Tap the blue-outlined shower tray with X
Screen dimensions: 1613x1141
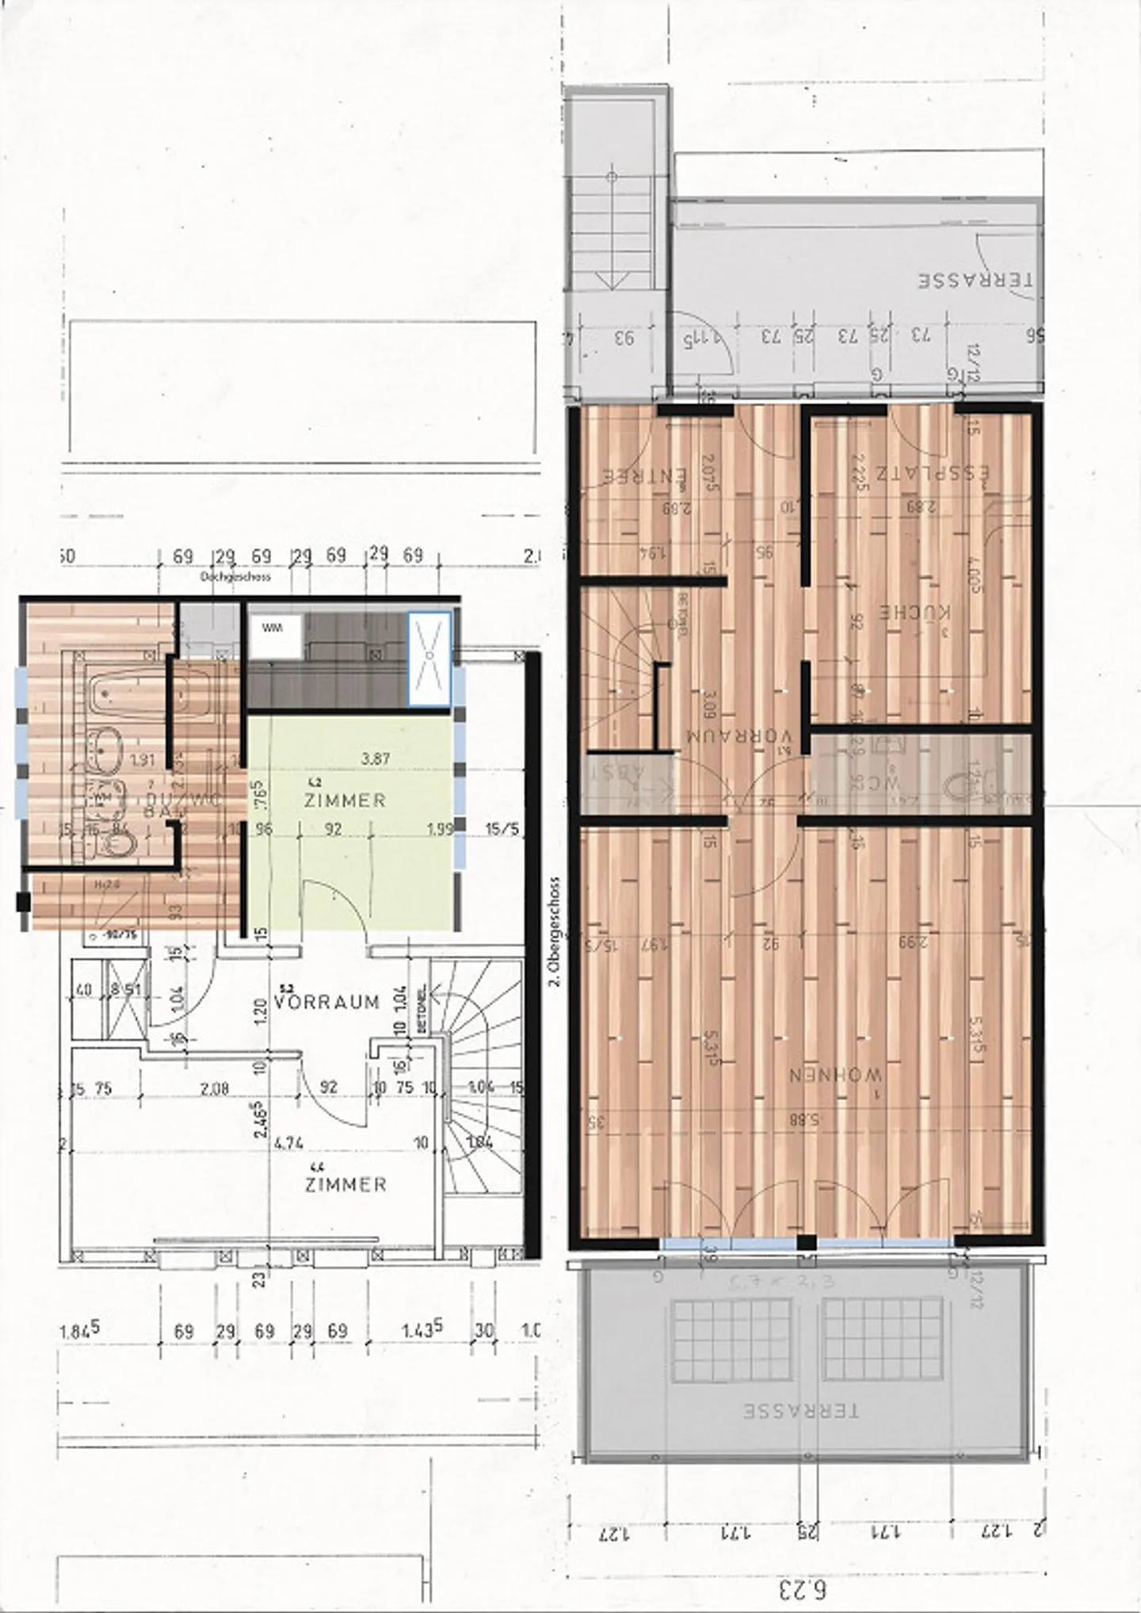coord(429,659)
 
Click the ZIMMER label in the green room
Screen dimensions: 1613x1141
coord(345,800)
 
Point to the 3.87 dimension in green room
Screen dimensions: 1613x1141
coord(375,759)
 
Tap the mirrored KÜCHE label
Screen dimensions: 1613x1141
coord(916,612)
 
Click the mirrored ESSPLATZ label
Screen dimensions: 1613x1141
coord(932,473)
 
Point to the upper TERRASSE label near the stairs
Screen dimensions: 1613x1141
coord(975,281)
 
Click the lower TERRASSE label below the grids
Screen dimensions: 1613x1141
coord(800,1411)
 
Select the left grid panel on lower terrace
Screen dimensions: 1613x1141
coord(731,1340)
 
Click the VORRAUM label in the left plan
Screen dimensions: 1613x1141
coord(326,1002)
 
